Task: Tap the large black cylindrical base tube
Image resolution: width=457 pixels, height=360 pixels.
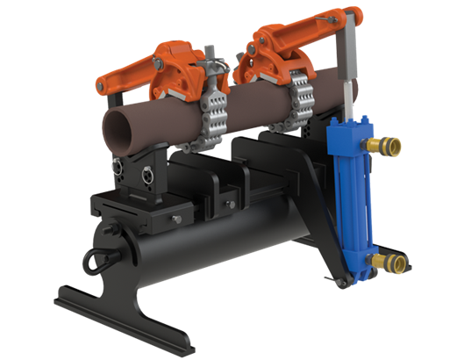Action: (202, 250)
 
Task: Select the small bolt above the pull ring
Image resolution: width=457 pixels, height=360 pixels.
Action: (111, 231)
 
